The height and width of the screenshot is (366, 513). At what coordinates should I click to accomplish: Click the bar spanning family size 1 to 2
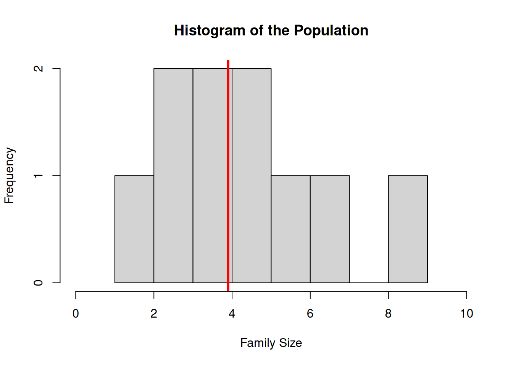click(x=134, y=229)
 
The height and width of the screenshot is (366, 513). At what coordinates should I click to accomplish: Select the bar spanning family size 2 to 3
click(x=173, y=176)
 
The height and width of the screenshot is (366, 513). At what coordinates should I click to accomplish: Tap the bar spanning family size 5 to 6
click(x=290, y=229)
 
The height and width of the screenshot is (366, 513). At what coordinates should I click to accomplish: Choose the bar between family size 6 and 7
click(x=330, y=229)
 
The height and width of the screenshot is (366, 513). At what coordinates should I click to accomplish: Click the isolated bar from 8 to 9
click(x=408, y=229)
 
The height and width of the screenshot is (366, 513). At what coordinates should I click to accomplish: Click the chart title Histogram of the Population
click(x=271, y=30)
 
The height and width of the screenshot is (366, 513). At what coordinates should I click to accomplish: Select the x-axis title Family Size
click(x=271, y=343)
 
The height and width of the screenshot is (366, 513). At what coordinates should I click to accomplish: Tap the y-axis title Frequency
click(x=9, y=176)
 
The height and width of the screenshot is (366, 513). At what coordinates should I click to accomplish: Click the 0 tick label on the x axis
click(x=76, y=313)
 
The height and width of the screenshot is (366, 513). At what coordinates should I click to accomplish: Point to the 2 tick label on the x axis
click(x=154, y=313)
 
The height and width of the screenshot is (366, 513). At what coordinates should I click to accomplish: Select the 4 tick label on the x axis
click(x=232, y=313)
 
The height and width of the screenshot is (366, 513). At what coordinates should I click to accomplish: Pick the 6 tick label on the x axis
click(x=310, y=313)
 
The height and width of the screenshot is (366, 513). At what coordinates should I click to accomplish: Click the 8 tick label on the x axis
click(x=388, y=313)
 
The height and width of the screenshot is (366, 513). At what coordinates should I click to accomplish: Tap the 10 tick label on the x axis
click(x=466, y=313)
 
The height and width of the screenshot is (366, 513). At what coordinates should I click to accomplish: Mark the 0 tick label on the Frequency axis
click(x=38, y=283)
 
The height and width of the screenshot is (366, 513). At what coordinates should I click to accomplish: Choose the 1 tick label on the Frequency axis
click(x=38, y=176)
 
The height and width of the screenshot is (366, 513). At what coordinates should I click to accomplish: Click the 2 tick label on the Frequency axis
click(x=38, y=69)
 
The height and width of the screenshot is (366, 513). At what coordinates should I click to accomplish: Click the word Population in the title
click(x=331, y=30)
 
